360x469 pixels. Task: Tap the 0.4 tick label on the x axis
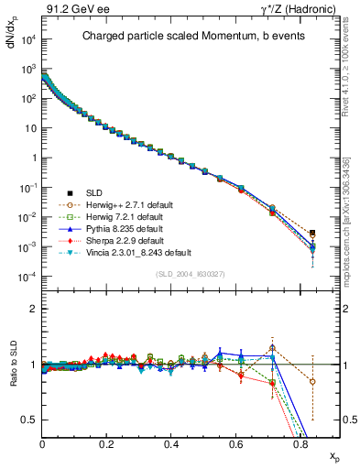pyautogui.click(x=171, y=444)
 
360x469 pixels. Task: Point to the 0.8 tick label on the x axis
pyautogui.click(x=300, y=444)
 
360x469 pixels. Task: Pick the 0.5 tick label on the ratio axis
pyautogui.click(x=30, y=420)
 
